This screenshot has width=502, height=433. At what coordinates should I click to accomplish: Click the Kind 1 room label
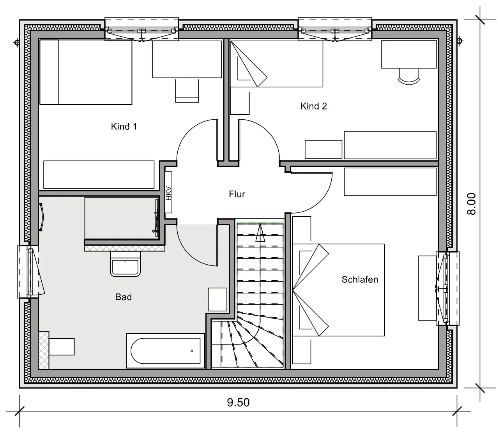point(124,127)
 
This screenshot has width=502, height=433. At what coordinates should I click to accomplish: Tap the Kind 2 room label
point(313,106)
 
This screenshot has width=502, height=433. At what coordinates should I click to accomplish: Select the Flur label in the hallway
point(237,194)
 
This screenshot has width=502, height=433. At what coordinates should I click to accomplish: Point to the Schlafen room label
point(360,279)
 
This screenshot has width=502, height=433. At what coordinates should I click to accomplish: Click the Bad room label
point(124,297)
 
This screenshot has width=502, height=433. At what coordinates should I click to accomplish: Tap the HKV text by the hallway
point(168,193)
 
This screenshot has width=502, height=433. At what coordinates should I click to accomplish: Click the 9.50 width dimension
point(238,402)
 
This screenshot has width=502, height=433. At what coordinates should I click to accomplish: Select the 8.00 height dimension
point(471,204)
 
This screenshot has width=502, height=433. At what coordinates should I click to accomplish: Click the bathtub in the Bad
point(165,351)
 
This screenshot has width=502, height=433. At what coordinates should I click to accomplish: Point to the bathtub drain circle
point(192,351)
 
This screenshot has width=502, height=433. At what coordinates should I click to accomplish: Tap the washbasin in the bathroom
point(125,264)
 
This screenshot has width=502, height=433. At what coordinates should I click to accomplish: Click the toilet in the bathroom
point(57,346)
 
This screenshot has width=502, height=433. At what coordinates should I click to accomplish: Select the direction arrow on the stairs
point(260,233)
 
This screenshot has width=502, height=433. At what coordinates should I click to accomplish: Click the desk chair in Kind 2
point(409,76)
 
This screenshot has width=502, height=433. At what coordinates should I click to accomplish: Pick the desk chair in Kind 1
point(187,91)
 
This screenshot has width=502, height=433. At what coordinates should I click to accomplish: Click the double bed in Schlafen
point(338,290)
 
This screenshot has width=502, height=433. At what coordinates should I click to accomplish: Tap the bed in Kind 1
point(86,72)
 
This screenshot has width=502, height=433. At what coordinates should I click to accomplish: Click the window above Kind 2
point(335,29)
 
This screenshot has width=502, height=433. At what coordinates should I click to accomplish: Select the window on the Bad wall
point(28,272)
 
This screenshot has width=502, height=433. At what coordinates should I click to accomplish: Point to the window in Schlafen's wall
point(447,288)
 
